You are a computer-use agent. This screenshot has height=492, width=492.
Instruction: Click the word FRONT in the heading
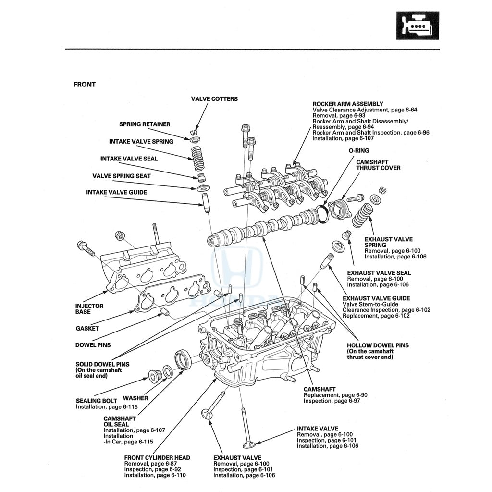point(85,85)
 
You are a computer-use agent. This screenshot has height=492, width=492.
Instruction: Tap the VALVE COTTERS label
point(214,99)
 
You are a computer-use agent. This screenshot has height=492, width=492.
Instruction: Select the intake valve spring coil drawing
point(197,158)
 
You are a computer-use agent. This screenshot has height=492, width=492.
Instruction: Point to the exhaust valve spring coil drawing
point(363,215)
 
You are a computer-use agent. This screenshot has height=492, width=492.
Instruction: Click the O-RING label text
point(359,150)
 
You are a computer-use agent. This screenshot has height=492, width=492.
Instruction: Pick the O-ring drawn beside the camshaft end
point(324,213)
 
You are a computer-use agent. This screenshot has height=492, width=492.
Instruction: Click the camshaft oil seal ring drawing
point(183,360)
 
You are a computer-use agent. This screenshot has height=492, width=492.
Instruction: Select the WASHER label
point(135,398)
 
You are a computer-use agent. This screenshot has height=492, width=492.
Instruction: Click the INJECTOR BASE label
point(89,309)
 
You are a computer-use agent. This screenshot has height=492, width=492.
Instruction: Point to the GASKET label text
point(87,329)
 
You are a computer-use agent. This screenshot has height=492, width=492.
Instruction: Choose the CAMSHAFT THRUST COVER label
point(378,165)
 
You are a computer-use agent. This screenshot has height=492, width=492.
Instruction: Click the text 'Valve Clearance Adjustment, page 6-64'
point(365,110)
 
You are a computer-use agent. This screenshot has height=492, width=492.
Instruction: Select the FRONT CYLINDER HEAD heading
point(157,458)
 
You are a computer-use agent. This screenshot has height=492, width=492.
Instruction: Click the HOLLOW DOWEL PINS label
point(378,345)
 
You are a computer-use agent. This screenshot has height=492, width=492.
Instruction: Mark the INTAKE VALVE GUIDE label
point(116,192)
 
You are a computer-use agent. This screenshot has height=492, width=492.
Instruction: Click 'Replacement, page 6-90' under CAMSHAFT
point(335,395)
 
